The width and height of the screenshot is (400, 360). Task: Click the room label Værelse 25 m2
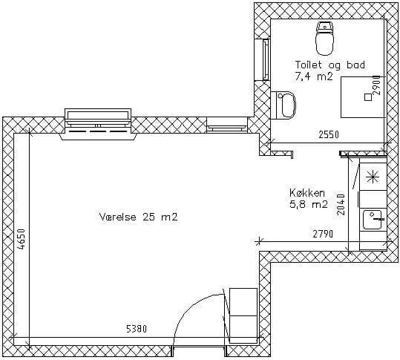coord(138,217)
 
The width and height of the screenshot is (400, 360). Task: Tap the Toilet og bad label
coord(330,65)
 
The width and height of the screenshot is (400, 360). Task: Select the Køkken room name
coord(307,193)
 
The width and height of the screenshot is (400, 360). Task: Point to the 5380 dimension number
coord(137,329)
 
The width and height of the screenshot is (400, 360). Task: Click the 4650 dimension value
coord(22,239)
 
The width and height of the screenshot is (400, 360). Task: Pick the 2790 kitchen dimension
coord(323,234)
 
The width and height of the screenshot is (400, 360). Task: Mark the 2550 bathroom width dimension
coord(329,134)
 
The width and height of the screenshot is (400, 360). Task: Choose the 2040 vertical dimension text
coord(341,205)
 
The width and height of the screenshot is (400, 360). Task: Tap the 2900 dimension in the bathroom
coord(376,85)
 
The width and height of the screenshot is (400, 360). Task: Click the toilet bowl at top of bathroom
coord(324,39)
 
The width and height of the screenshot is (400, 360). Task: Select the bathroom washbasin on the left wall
coord(284,105)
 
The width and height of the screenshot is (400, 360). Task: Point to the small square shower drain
coord(368,97)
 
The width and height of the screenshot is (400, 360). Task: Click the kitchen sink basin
coord(373,220)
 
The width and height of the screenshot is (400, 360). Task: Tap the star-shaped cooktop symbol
coord(373,177)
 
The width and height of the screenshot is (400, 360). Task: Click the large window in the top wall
coord(98,121)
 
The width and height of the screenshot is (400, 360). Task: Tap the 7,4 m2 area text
coord(314,76)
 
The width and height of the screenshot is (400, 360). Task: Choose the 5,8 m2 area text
coord(309,204)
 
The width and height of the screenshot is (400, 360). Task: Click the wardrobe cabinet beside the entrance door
coord(243,315)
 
